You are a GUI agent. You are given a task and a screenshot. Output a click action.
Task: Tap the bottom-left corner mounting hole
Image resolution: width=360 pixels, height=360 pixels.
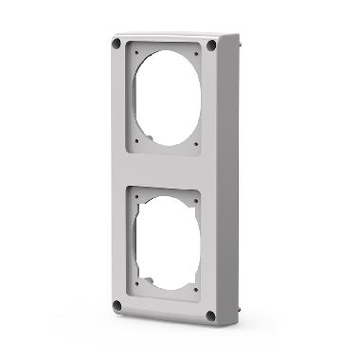pos(117,305)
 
